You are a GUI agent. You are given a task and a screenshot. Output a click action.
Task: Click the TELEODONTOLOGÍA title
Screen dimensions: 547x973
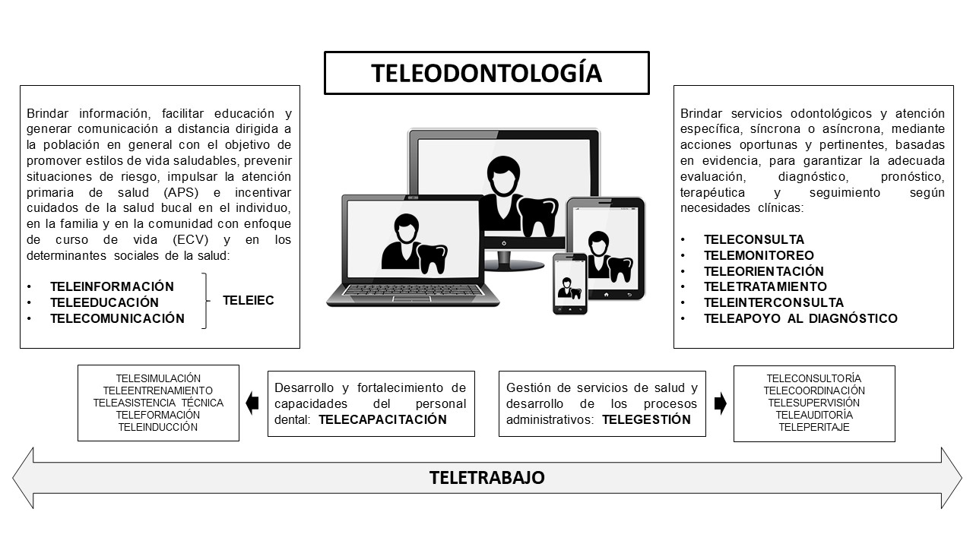[x=486, y=73]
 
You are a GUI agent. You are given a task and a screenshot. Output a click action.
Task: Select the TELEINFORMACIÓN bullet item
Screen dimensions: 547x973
[x=112, y=286]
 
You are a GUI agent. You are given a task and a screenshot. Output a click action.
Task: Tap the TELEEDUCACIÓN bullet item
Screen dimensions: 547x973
[x=104, y=302]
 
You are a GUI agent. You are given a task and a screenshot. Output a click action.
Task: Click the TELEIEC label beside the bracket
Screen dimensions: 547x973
[x=248, y=301]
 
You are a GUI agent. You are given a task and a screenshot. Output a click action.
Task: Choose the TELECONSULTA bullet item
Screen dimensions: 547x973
[x=753, y=239]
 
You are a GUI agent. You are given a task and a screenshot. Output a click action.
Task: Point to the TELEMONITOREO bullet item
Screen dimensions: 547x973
[x=759, y=255]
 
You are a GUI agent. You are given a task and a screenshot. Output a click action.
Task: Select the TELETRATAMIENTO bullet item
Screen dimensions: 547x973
[x=765, y=286]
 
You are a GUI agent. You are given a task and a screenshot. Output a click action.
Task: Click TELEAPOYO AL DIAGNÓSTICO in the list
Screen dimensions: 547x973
[x=800, y=318]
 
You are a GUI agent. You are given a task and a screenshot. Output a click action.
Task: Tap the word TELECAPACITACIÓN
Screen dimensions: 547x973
[x=382, y=419]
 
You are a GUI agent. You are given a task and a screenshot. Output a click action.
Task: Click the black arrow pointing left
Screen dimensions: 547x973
[x=253, y=404]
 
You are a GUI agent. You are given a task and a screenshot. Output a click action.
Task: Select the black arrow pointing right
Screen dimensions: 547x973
[x=720, y=404]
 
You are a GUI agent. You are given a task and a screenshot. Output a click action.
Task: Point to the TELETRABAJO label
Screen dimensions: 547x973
[x=486, y=478]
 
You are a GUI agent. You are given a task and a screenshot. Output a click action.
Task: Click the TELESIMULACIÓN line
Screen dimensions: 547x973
[x=158, y=378]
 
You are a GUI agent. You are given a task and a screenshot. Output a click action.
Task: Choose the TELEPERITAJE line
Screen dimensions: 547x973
[x=813, y=427]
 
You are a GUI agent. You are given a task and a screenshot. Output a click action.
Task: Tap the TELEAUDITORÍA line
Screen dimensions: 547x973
[x=813, y=415]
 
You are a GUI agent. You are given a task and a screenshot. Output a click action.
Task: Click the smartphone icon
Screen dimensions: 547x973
[x=570, y=283]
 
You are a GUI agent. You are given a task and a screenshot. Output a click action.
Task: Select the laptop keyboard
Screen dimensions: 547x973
[x=412, y=291]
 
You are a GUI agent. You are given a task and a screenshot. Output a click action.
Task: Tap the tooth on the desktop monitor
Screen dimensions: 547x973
[x=541, y=215]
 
